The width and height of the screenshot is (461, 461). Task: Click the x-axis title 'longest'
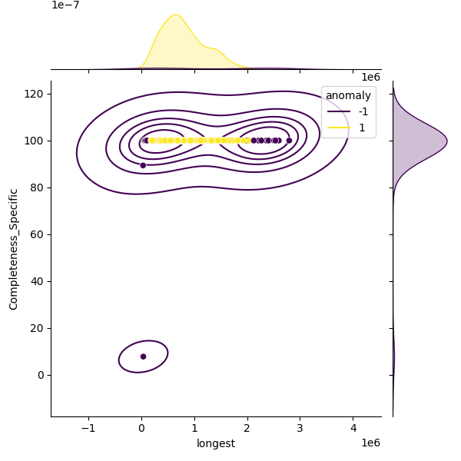click(x=216, y=443)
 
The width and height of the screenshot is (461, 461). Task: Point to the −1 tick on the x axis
click(x=88, y=427)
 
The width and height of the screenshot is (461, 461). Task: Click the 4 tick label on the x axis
click(x=353, y=427)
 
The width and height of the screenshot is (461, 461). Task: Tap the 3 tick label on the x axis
click(x=300, y=427)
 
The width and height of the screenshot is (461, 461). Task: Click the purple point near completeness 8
click(x=143, y=357)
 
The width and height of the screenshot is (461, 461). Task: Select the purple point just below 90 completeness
click(x=143, y=165)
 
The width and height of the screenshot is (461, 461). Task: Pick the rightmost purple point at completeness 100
click(x=289, y=141)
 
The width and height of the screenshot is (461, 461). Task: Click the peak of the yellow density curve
click(x=175, y=15)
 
